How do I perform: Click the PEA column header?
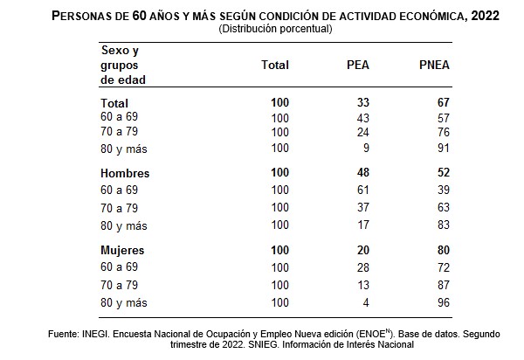click(x=357, y=65)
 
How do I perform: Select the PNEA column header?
click(x=434, y=65)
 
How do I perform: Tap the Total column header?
click(x=275, y=65)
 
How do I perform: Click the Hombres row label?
click(x=126, y=173)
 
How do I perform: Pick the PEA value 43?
click(x=362, y=117)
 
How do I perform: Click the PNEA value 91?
click(x=443, y=149)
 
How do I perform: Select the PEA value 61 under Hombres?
click(x=362, y=189)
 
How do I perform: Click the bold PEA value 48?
click(x=362, y=172)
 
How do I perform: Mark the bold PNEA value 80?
click(x=443, y=250)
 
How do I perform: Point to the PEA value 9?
click(x=366, y=149)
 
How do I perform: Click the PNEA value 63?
click(x=443, y=207)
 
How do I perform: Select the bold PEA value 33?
click(x=362, y=102)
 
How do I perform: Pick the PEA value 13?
click(x=362, y=284)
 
